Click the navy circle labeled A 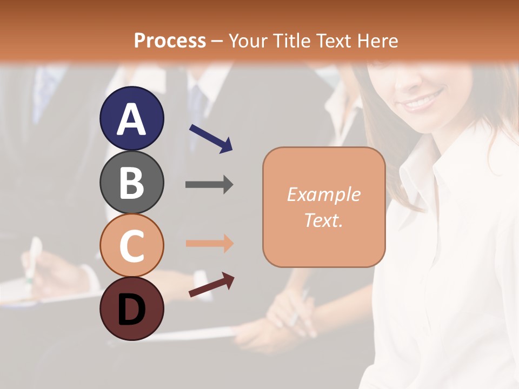click(131, 118)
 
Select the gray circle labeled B click(131, 182)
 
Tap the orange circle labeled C click(131, 245)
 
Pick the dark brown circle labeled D click(131, 308)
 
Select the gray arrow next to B click(209, 185)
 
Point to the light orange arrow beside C click(209, 243)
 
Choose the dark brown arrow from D click(211, 285)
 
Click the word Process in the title click(170, 41)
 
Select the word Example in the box click(323, 194)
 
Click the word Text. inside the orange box click(323, 220)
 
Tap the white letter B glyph click(131, 182)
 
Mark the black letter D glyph click(131, 309)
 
